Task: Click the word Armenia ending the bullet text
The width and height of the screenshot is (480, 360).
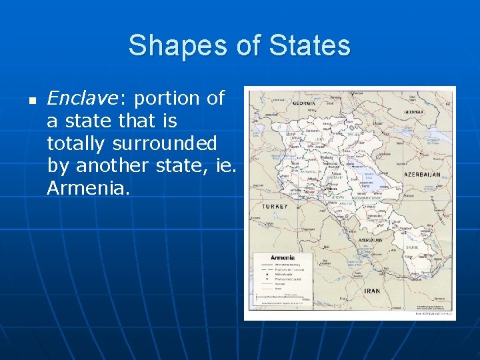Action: pos(85,189)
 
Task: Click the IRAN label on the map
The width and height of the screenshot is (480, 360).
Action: pos(371,291)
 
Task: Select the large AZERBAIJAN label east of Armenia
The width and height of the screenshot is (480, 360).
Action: pos(422,175)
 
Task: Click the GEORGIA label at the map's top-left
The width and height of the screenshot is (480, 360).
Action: pos(304,103)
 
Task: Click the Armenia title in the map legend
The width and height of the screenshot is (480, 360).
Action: pos(282,257)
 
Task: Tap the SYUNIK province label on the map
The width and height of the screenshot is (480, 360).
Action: pos(412,247)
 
